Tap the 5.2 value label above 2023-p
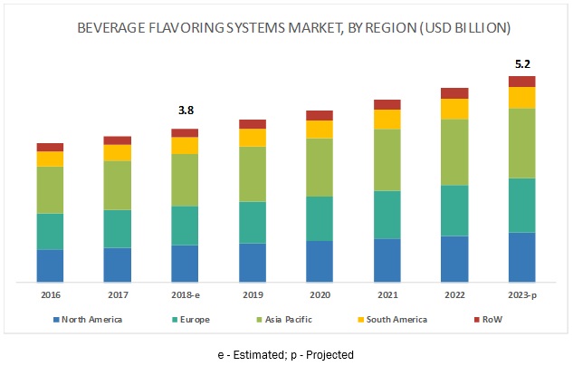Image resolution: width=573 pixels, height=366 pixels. (521, 65)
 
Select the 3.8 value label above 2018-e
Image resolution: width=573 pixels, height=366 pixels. (185, 111)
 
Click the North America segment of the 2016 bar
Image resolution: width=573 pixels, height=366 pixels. (50, 265)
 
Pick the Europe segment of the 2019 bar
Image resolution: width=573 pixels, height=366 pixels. (253, 222)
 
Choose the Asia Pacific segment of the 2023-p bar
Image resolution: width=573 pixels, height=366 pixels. (521, 143)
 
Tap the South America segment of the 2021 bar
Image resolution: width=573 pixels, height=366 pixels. (387, 119)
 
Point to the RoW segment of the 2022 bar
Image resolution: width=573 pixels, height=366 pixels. (454, 92)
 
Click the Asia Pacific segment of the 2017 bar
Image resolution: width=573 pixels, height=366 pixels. (118, 185)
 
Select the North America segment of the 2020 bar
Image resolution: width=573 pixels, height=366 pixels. (320, 261)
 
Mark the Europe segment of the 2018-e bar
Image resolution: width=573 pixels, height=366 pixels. (185, 226)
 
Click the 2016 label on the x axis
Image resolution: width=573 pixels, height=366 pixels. (50, 295)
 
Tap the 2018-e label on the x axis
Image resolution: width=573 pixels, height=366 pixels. (185, 295)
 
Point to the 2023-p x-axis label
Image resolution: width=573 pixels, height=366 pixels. (521, 295)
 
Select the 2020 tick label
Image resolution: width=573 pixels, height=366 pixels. (320, 295)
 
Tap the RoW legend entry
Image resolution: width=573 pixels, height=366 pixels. (489, 319)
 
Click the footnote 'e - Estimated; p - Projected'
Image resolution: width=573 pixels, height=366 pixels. (285, 354)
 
